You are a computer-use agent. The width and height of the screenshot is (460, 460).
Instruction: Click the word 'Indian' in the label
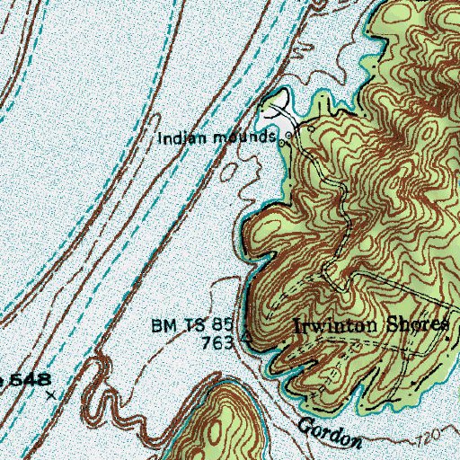[177, 138]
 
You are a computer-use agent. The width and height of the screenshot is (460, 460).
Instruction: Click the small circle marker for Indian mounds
[287, 139]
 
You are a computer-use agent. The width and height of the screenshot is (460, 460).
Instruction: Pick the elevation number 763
[224, 341]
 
